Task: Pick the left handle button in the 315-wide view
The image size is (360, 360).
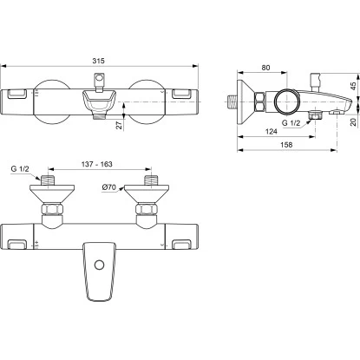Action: [17, 95]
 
